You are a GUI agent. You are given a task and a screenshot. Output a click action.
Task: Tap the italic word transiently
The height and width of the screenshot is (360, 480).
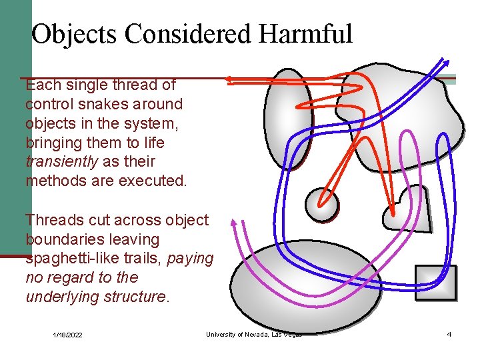tap(61, 162)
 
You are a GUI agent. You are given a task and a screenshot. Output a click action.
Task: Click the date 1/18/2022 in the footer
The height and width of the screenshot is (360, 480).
tap(68, 335)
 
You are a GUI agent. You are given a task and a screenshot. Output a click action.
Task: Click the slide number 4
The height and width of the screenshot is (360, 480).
tap(449, 334)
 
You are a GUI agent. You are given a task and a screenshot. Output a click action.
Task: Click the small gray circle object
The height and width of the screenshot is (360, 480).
tap(321, 204)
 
